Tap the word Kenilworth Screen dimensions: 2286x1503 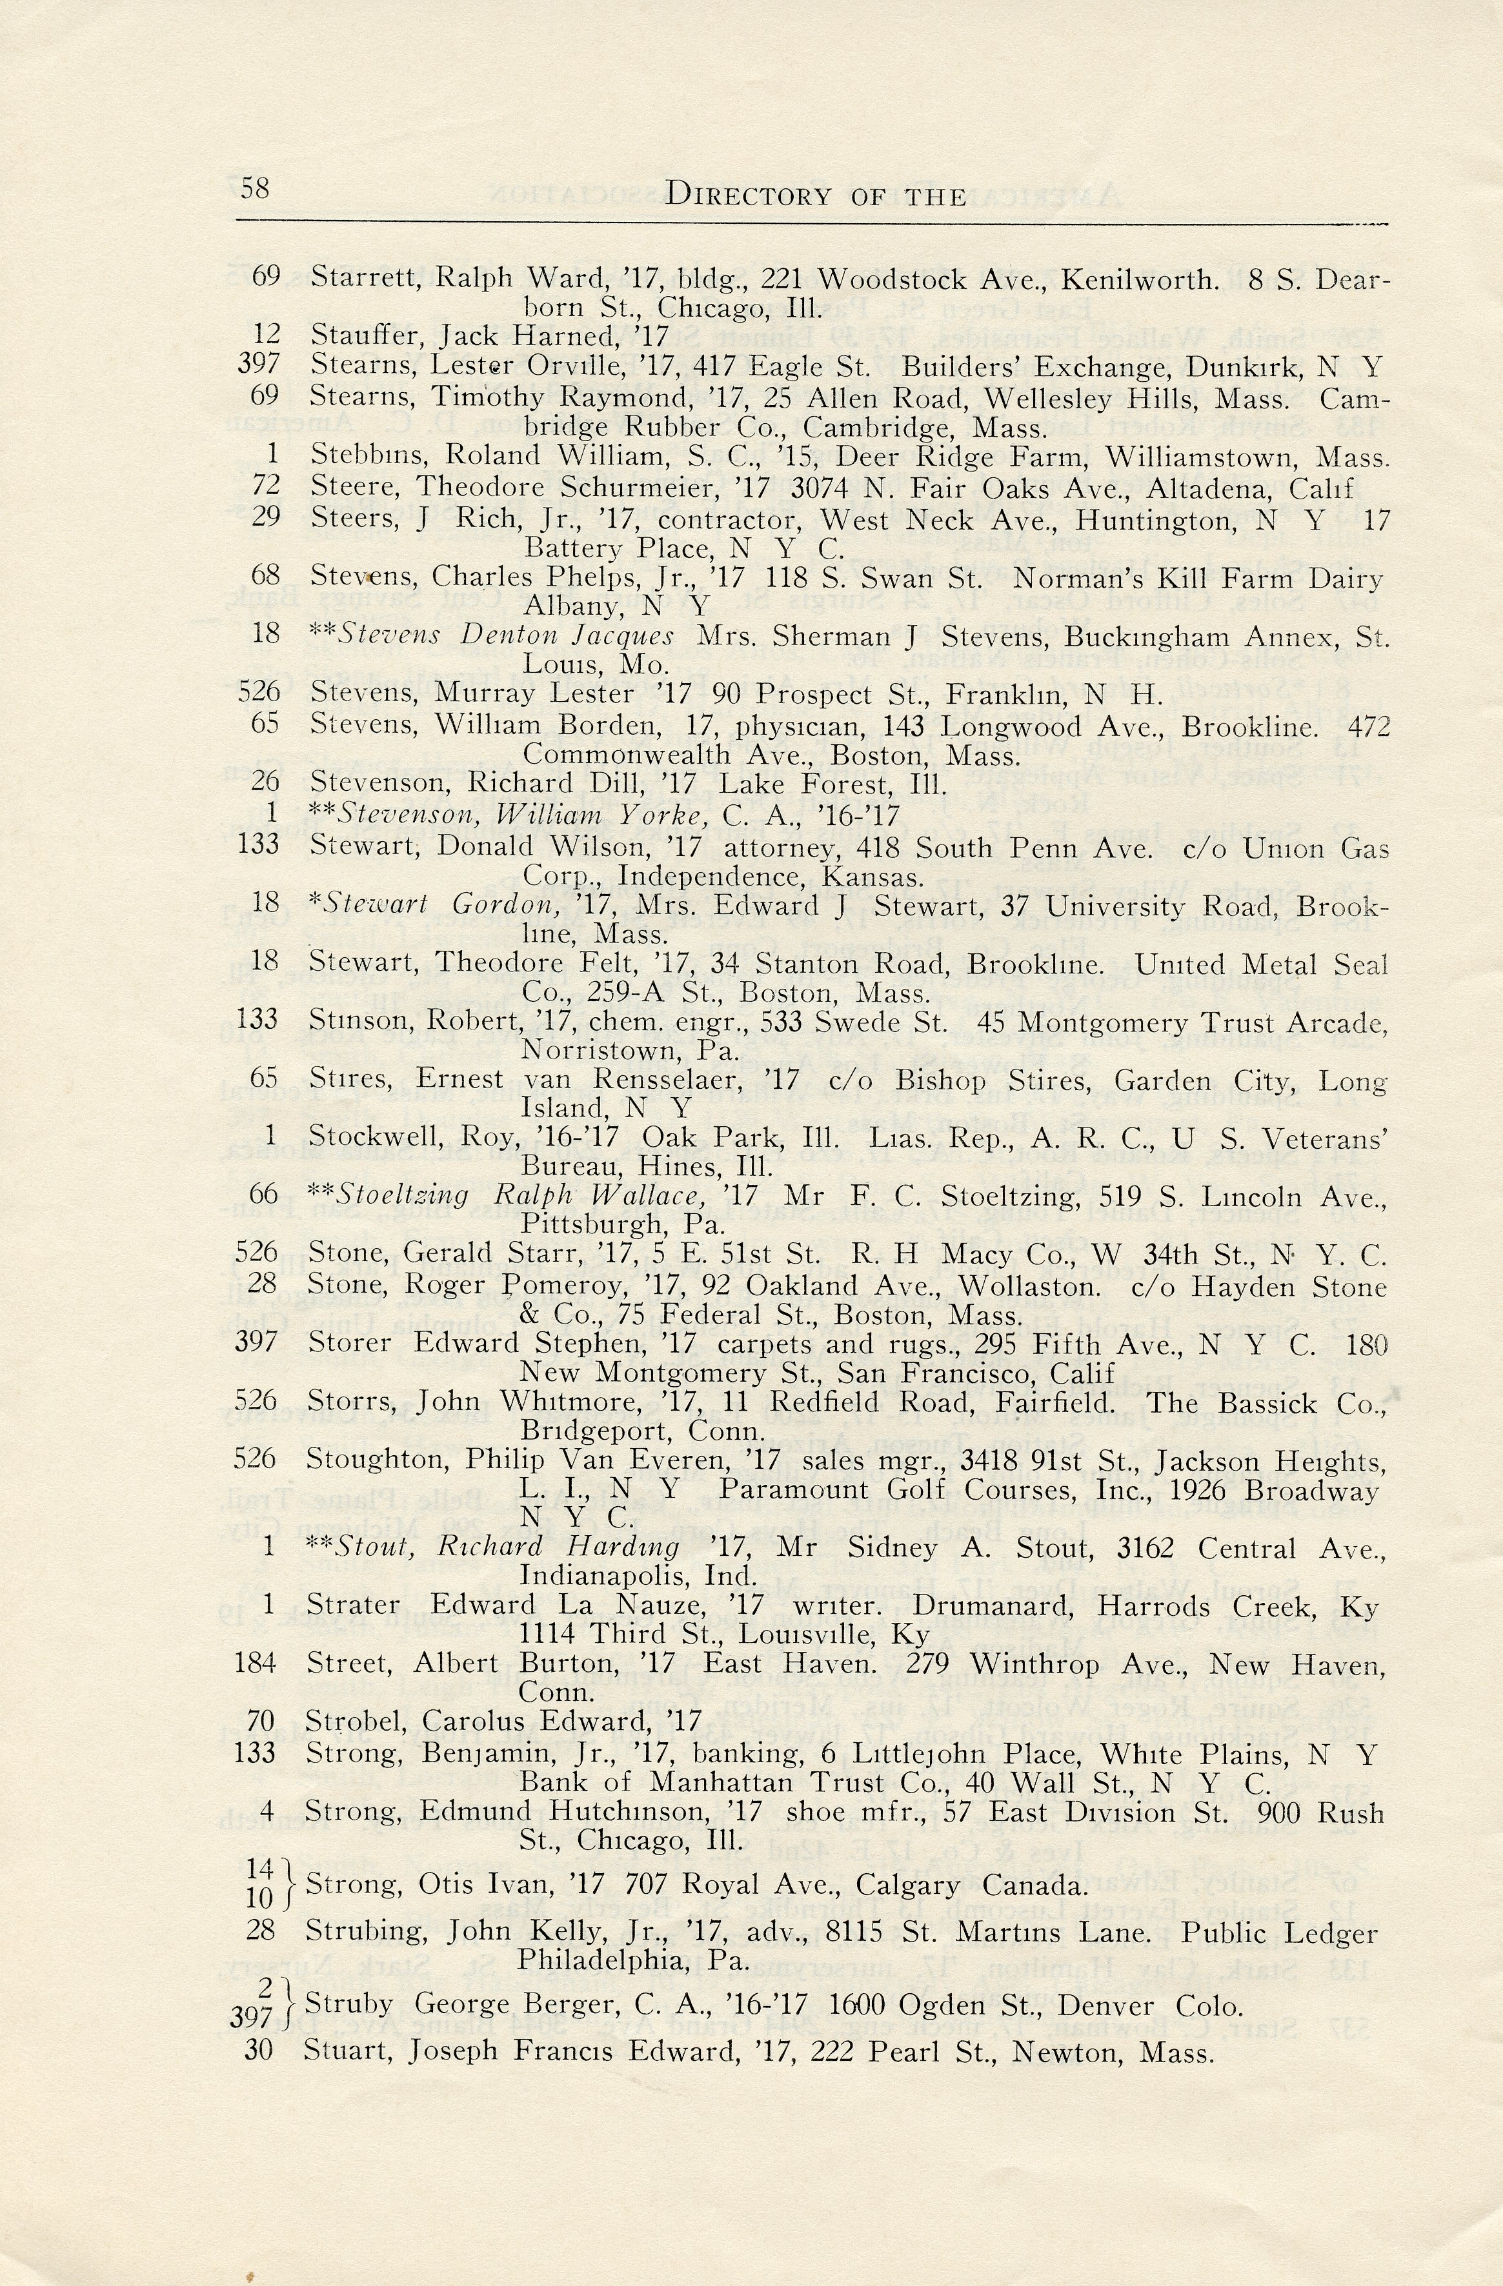(1141, 279)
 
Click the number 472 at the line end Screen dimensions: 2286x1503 (1369, 726)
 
